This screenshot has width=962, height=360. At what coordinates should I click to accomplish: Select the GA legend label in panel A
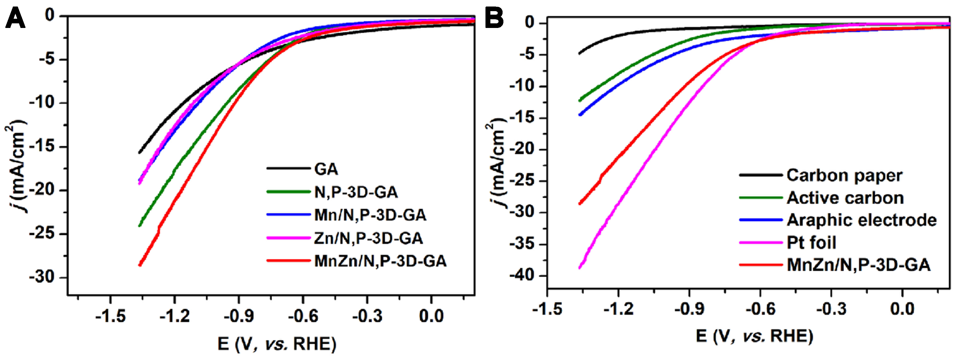pyautogui.click(x=326, y=169)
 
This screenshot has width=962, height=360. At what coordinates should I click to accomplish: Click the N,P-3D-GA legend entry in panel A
pyautogui.click(x=356, y=192)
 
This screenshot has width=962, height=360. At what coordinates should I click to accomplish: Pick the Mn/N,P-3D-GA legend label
pyautogui.click(x=370, y=215)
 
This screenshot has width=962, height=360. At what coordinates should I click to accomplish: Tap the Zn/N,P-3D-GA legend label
pyautogui.click(x=368, y=238)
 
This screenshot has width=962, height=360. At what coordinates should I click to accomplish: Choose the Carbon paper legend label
pyautogui.click(x=844, y=175)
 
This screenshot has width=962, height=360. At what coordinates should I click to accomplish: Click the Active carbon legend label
pyautogui.click(x=845, y=198)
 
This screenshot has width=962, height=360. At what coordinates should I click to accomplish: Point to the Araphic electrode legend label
pyautogui.click(x=862, y=220)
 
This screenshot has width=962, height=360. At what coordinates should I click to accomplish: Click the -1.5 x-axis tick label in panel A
pyautogui.click(x=110, y=316)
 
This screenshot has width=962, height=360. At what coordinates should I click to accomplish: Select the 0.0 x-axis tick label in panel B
pyautogui.click(x=902, y=309)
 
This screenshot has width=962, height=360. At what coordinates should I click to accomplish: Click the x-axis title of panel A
pyautogui.click(x=277, y=343)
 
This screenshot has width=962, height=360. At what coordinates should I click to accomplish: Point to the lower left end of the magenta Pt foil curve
pyautogui.click(x=580, y=267)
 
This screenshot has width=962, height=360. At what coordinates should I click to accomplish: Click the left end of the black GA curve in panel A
pyautogui.click(x=140, y=152)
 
